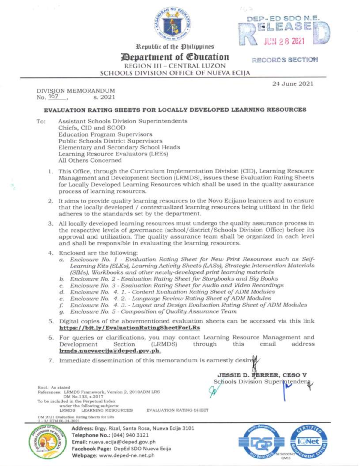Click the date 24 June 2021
pyautogui.click(x=292, y=84)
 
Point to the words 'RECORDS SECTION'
pyautogui.click(x=285, y=60)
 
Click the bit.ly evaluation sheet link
pyautogui.click(x=130, y=328)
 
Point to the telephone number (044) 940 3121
pyautogui.click(x=130, y=435)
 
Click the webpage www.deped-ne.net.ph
pyautogui.click(x=126, y=455)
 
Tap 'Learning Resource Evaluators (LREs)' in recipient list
pyautogui.click(x=113, y=154)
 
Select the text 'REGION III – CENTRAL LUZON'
pyautogui.click(x=175, y=66)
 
